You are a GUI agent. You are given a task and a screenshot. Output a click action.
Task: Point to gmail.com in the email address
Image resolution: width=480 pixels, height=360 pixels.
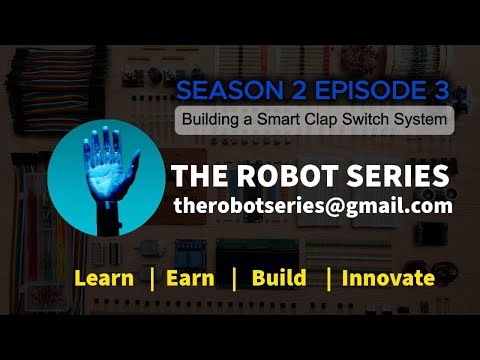click(394, 206)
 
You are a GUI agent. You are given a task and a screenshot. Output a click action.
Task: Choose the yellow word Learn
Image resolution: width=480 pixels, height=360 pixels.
click(104, 278)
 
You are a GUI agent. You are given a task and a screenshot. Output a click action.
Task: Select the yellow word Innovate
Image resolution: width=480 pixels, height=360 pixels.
click(388, 278)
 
